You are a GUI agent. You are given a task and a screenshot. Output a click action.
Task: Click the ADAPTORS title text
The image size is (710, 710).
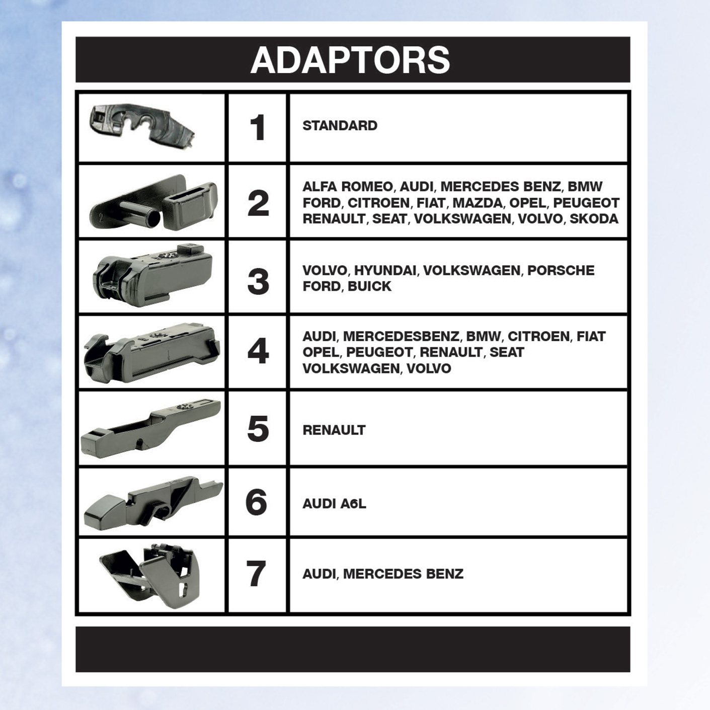[x=350, y=60]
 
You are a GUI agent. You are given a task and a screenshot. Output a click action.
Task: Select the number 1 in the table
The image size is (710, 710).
[x=258, y=127]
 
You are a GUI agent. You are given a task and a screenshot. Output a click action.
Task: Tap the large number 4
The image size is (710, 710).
[x=258, y=352]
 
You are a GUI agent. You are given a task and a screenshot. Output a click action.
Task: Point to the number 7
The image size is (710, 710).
[x=257, y=574]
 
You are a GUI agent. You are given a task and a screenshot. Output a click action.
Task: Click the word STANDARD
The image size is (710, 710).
[x=340, y=126]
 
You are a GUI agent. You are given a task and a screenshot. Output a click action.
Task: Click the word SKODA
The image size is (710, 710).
[x=594, y=219]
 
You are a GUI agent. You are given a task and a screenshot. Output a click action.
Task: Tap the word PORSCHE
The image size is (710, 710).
[x=561, y=270]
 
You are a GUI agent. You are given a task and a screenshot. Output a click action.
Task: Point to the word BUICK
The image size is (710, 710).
[x=369, y=286]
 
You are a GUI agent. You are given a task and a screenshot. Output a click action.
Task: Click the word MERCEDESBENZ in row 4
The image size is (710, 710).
[x=401, y=337]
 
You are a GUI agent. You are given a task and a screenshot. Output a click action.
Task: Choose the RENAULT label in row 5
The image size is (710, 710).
[x=334, y=430]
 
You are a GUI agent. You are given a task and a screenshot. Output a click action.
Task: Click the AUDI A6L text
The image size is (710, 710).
[x=334, y=504]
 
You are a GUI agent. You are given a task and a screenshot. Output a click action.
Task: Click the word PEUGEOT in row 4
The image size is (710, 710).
[x=379, y=352]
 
